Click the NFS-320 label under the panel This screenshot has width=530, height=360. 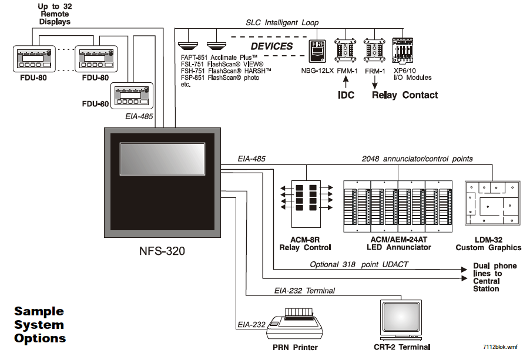pos(162,251)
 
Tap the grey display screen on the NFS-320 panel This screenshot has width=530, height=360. pos(162,159)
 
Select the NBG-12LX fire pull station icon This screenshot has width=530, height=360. pos(317,51)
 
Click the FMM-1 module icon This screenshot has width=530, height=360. pos(345,51)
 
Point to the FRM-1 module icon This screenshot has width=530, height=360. pos(374,51)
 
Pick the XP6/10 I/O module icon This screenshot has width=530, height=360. pos(402,51)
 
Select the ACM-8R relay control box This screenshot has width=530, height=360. pos(306,204)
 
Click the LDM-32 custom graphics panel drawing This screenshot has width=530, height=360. pos(492,203)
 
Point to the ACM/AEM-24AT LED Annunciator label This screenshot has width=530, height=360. pos(399,244)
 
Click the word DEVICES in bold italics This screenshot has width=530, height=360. pos(272,46)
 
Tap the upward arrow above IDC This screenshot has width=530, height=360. pos(345,82)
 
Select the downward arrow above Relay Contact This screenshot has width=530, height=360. pos(374,82)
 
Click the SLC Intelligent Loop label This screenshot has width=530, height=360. pos(282,23)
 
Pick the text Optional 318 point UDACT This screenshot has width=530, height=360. pos(359,264)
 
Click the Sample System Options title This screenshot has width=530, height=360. pos(40,325)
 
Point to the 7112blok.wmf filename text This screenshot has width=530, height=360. pos(500,346)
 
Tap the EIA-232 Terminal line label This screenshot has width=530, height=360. pos(304,291)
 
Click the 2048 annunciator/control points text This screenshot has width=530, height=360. pos(417,159)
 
